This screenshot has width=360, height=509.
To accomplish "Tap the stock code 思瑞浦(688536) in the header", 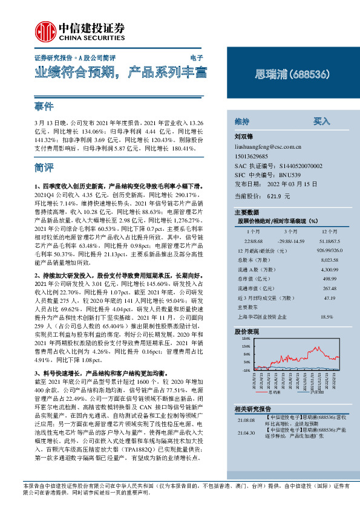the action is coord(292,76).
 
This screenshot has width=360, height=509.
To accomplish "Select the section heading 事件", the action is coord(45,107).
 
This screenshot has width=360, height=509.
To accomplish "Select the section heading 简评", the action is coord(45,167).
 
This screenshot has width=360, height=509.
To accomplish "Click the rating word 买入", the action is coord(321,120).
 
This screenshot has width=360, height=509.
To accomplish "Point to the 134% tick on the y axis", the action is coord(246,339).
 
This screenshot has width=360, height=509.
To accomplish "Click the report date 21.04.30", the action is coord(246,433).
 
